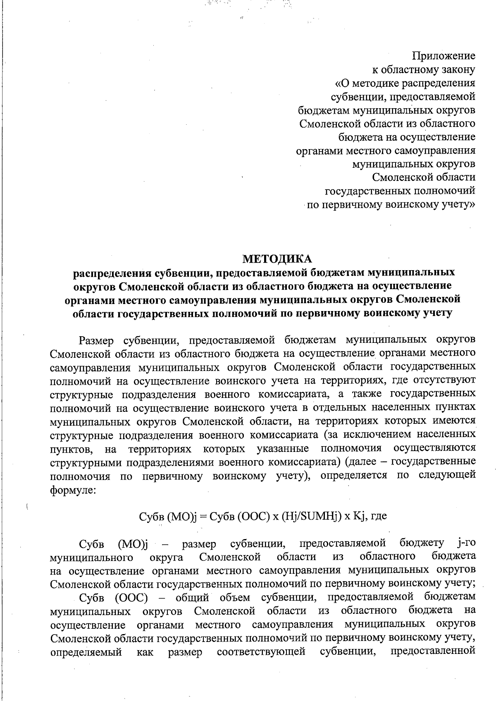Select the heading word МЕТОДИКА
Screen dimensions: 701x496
point(277,259)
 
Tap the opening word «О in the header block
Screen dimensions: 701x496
point(342,83)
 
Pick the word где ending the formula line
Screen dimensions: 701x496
point(379,516)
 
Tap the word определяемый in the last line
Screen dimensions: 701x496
point(86,653)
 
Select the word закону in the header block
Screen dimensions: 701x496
point(458,69)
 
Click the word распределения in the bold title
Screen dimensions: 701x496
point(111,273)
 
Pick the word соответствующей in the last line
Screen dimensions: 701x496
point(261,653)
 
